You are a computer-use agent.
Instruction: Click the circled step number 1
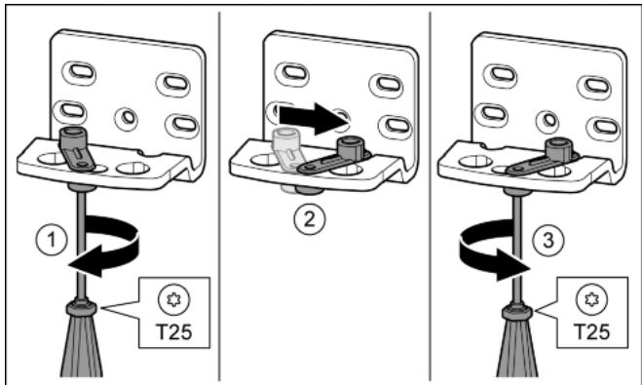[x=52, y=240]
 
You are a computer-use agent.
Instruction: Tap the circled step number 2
[x=310, y=220]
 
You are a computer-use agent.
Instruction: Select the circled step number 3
[x=548, y=240]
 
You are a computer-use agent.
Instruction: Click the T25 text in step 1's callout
[x=174, y=331]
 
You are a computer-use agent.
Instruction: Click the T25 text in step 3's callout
[x=592, y=331]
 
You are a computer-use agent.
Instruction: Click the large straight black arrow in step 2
[x=314, y=118]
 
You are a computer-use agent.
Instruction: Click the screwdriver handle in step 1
[x=81, y=340]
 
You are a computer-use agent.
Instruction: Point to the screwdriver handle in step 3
[x=518, y=340]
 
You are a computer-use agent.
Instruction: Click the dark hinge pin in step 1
[x=76, y=148]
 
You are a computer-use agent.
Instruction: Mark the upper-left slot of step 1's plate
[x=79, y=73]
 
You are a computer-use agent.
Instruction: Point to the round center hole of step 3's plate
[x=548, y=121]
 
